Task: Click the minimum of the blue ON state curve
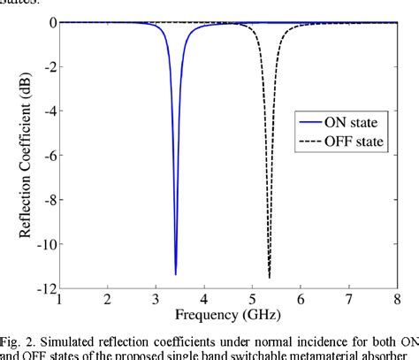click(x=176, y=273)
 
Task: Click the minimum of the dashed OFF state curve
click(x=270, y=277)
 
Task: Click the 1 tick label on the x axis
click(x=59, y=301)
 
